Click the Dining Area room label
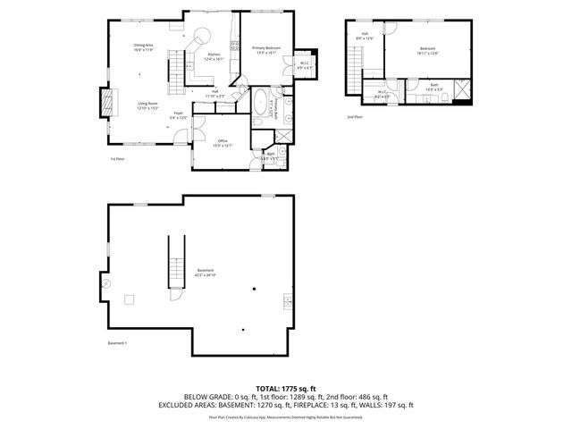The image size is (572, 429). pos(144,49)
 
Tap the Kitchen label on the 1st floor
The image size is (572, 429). pos(214,57)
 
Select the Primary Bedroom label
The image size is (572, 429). pos(266,49)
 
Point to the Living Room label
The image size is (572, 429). pos(147,106)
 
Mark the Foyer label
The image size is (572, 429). pos(179,115)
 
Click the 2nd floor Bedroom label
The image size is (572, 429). pos(428,50)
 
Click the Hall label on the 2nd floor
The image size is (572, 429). pos(365,38)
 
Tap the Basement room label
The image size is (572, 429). pos(206,273)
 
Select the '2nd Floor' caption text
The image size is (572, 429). pos(355,116)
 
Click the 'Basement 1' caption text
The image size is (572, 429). pos(118,343)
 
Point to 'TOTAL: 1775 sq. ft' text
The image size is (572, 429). pos(286,389)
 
